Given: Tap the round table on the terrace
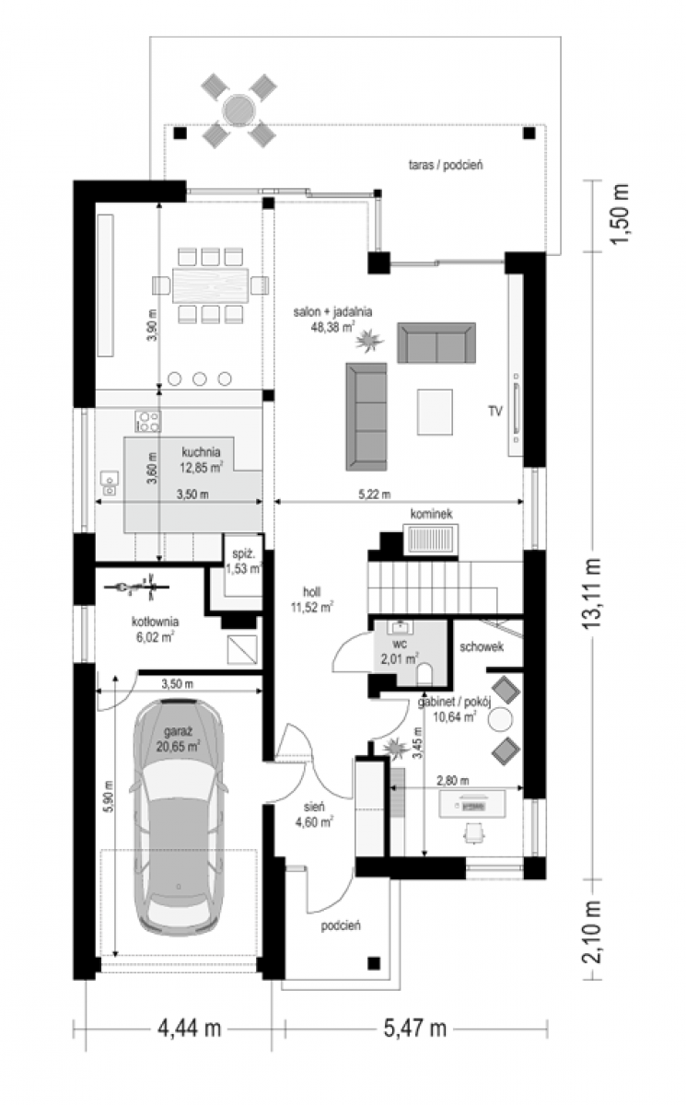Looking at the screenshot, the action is tap(238, 110).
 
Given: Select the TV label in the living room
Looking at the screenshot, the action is tap(495, 411).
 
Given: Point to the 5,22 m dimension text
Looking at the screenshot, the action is tap(375, 494).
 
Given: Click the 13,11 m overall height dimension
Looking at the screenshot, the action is tap(592, 593).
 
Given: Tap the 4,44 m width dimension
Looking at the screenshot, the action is tap(190, 1029).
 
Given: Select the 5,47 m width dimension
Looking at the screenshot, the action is tap(414, 1029).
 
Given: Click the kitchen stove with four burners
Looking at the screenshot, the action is tap(148, 422).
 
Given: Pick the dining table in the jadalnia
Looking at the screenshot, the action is tap(210, 285).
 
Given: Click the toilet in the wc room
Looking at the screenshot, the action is tap(424, 674).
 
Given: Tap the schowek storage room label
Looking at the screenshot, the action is tap(482, 646).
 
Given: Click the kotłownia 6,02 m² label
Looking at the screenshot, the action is tap(155, 629).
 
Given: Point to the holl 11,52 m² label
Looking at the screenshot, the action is tap(311, 599).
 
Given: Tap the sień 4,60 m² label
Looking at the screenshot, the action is tap(314, 814).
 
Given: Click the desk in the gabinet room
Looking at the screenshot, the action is tap(473, 804).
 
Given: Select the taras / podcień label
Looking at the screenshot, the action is tap(446, 165).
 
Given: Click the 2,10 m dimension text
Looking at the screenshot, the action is tap(592, 932).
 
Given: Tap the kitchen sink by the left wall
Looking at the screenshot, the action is tap(109, 483).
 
